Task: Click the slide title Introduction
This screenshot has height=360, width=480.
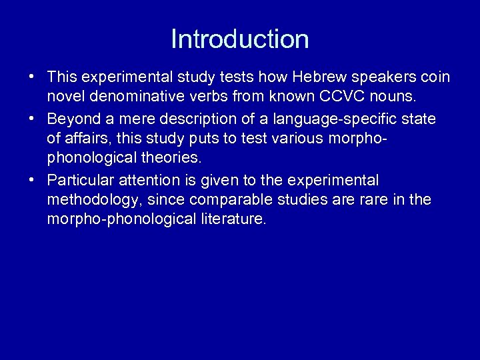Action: coord(240,39)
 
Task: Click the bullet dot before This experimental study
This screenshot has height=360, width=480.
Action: coord(32,78)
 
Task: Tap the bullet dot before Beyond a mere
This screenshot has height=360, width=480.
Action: coord(32,119)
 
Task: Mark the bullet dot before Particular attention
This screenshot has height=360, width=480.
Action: coord(32,180)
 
